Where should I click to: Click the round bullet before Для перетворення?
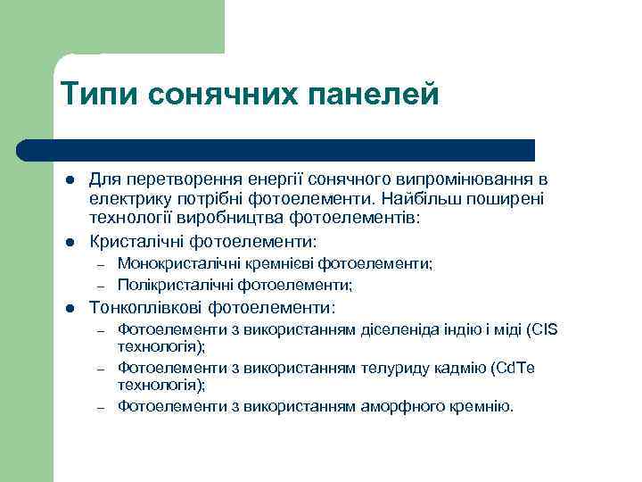tap(70, 179)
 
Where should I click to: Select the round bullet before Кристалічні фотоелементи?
tap(70, 242)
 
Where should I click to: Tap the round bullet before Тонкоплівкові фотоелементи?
tap(70, 308)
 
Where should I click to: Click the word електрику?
tap(124, 199)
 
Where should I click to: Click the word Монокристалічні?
tap(171, 264)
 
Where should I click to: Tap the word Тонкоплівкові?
tap(145, 308)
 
